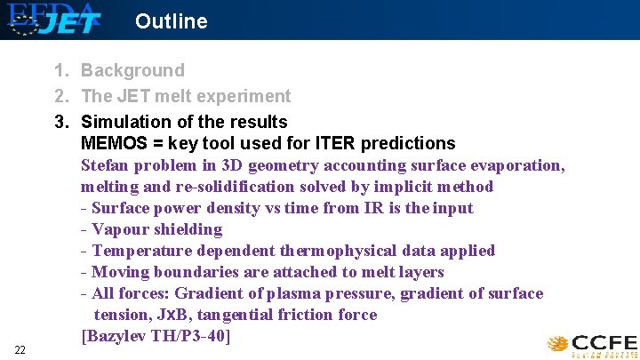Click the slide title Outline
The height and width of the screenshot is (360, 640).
point(171,21)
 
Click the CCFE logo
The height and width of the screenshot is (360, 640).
point(592,344)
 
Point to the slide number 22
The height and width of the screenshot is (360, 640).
point(20,350)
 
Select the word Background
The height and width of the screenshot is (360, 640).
point(132,71)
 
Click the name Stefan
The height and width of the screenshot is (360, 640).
point(106,165)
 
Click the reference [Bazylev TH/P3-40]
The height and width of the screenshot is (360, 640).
point(156,336)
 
